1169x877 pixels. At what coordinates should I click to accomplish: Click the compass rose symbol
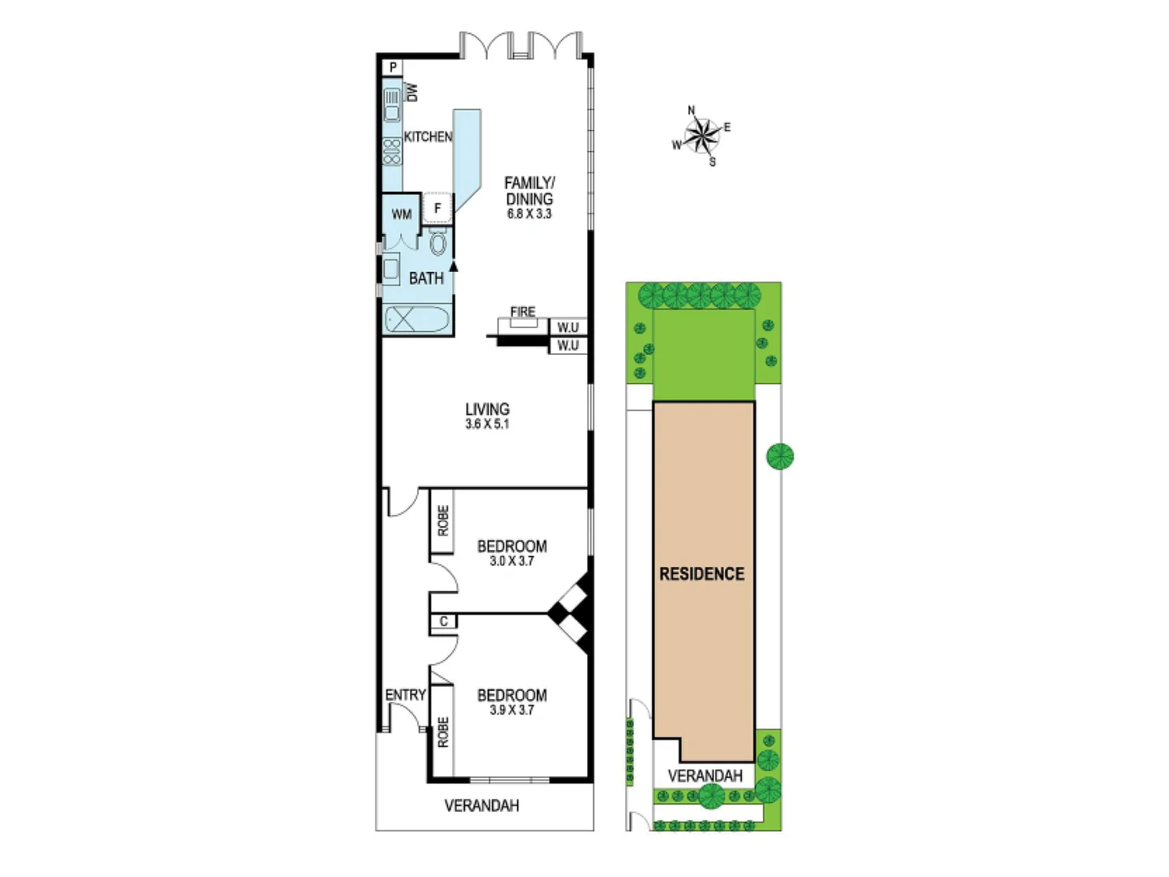coord(701,135)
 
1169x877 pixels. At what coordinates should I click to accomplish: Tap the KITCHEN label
coord(428,137)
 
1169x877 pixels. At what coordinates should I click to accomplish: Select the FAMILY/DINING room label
coord(529,191)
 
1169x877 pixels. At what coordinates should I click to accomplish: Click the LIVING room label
coord(487,409)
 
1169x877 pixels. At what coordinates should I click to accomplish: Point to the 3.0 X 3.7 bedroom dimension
coord(511,561)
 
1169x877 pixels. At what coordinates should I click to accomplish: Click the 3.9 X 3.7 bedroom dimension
coord(511,710)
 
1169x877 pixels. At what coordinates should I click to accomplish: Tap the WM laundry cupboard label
coord(402,214)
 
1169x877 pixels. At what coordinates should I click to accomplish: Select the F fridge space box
coord(438,209)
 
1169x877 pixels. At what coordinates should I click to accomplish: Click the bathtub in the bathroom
coord(416,319)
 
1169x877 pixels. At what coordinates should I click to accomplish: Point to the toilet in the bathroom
coord(438,242)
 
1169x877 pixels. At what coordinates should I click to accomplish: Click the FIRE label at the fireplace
coord(523,312)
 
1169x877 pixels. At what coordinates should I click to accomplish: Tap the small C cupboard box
coord(443,622)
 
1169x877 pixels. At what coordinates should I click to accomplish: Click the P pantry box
coord(394,67)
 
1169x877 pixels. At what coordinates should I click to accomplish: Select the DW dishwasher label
coord(412,92)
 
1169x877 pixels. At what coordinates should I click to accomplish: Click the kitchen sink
coord(392,105)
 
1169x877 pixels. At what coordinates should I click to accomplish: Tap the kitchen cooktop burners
coord(392,152)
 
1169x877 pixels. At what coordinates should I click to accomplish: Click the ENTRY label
coord(405,695)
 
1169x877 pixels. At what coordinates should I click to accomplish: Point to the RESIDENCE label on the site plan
coord(701,574)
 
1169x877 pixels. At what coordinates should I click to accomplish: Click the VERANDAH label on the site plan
coord(705,775)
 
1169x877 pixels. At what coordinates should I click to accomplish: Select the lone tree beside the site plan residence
coord(780,456)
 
